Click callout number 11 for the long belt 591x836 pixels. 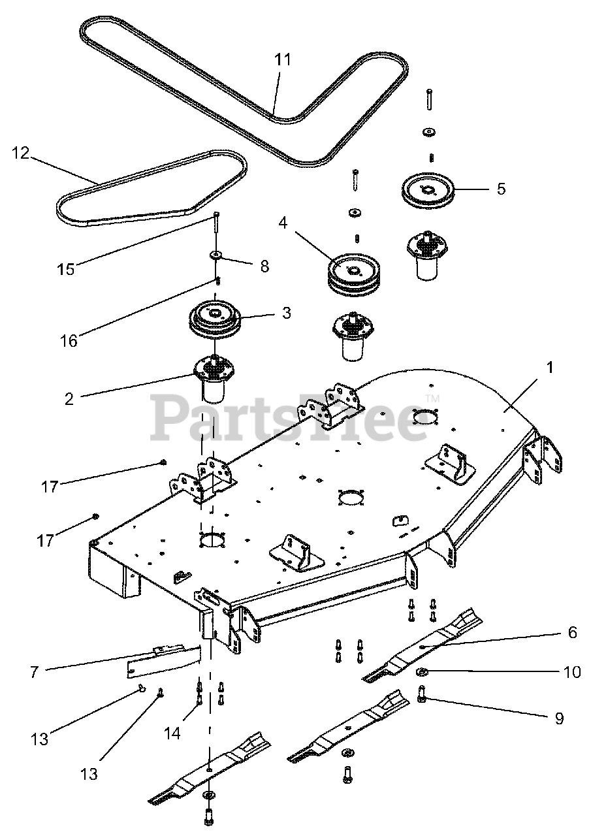coord(282,59)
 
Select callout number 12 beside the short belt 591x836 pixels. coord(21,153)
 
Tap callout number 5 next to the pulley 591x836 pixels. coord(501,189)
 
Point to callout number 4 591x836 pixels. coord(282,223)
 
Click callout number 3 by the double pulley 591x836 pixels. coord(286,313)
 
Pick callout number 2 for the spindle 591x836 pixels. coord(69,399)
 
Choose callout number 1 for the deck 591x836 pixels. coord(550,368)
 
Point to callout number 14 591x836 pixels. coord(172,733)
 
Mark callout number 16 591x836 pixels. coord(69,340)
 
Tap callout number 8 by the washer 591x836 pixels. coord(263,266)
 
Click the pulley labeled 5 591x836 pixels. coord(426,189)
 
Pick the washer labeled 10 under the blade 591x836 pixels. coord(422,672)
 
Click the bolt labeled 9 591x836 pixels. coord(422,697)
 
